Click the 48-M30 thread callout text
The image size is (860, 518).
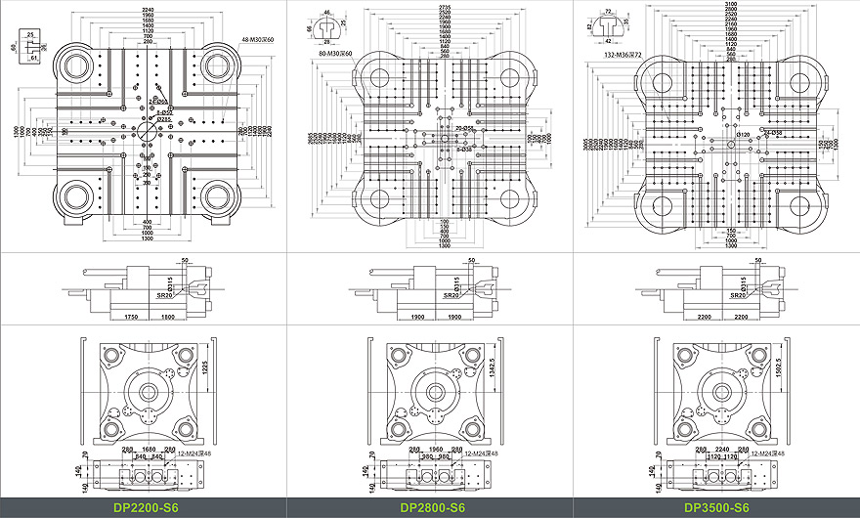pos(259,40)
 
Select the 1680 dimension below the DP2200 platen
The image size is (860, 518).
pos(149,451)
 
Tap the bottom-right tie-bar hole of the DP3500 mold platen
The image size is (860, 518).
pos(799,205)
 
